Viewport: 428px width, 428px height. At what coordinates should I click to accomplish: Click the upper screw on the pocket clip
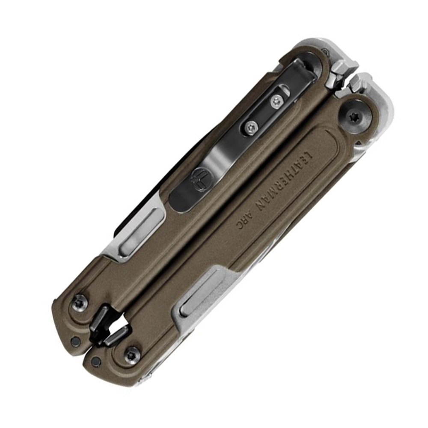click(277, 101)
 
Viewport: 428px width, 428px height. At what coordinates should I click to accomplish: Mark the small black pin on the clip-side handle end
click(75, 341)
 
